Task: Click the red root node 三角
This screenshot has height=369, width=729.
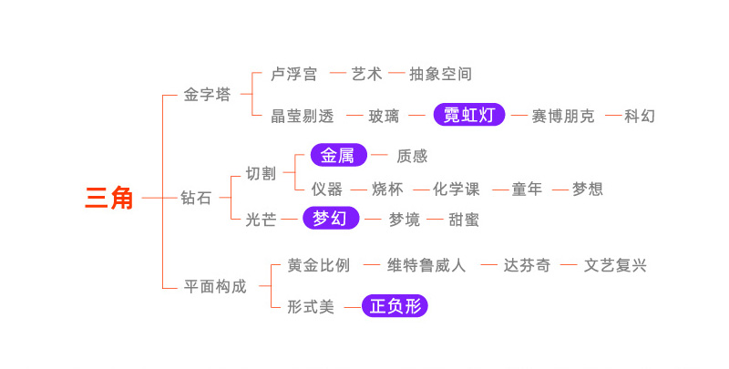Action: pyautogui.click(x=109, y=197)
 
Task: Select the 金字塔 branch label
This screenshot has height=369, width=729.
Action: pyautogui.click(x=207, y=95)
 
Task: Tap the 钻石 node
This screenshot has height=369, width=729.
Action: pyautogui.click(x=196, y=198)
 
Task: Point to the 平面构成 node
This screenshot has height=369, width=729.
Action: pyautogui.click(x=215, y=286)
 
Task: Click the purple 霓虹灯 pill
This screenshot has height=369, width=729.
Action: pyautogui.click(x=468, y=116)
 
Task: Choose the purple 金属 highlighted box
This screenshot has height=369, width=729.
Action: pyautogui.click(x=338, y=156)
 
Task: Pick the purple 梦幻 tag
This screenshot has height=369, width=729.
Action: pyautogui.click(x=331, y=219)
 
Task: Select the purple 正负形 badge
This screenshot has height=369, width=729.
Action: pyautogui.click(x=395, y=307)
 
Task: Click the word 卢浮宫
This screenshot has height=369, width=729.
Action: pyautogui.click(x=294, y=74)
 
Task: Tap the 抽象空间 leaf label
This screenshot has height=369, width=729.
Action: pyautogui.click(x=440, y=74)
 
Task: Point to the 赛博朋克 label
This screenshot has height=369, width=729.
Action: pyautogui.click(x=564, y=117)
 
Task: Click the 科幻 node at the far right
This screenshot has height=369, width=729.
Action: pyautogui.click(x=640, y=117)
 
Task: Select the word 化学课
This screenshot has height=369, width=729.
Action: pyautogui.click(x=457, y=190)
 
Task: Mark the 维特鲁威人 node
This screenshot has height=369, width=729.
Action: pyautogui.click(x=426, y=266)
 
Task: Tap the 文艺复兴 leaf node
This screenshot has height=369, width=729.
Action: pyautogui.click(x=615, y=266)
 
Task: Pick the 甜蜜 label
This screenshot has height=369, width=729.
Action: pyautogui.click(x=464, y=220)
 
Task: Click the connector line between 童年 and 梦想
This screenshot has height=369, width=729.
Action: pyautogui.click(x=556, y=190)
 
